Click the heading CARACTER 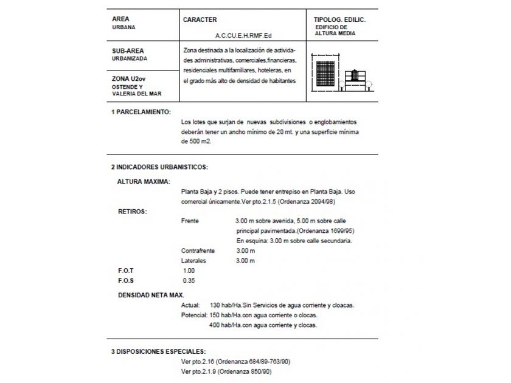[200, 19]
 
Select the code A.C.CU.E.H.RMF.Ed [243, 36]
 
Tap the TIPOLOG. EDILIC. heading [339, 19]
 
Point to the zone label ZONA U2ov [128, 79]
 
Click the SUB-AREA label [128, 50]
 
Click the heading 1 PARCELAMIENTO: [141, 112]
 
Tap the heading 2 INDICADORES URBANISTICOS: [159, 166]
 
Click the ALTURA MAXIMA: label [144, 181]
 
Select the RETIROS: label [132, 211]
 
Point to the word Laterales [193, 260]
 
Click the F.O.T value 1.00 [189, 270]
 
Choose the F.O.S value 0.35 [189, 280]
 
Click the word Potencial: [194, 315]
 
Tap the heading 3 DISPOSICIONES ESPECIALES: [158, 351]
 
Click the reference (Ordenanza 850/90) [244, 371]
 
